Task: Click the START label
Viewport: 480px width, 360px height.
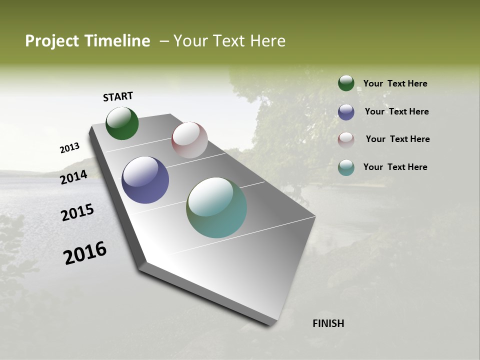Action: pyautogui.click(x=118, y=96)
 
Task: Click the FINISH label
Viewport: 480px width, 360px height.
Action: pyautogui.click(x=328, y=323)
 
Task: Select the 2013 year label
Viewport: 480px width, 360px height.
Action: pyautogui.click(x=69, y=148)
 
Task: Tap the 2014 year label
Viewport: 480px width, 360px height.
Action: pyautogui.click(x=73, y=177)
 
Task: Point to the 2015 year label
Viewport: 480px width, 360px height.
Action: pyautogui.click(x=77, y=212)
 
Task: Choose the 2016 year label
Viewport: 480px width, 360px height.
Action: pyautogui.click(x=85, y=253)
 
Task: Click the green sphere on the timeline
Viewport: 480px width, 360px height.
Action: pyautogui.click(x=122, y=123)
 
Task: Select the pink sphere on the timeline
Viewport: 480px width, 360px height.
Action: pyautogui.click(x=189, y=140)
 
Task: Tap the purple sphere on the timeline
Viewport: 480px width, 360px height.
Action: pyautogui.click(x=145, y=180)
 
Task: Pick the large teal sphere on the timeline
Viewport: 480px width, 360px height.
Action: pyautogui.click(x=216, y=207)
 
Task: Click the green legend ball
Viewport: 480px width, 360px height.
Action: pyautogui.click(x=346, y=83)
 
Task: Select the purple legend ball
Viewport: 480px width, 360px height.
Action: pyautogui.click(x=346, y=112)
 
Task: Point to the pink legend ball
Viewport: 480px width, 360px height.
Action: pyautogui.click(x=346, y=139)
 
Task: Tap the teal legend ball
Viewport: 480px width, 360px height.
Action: pyautogui.click(x=346, y=167)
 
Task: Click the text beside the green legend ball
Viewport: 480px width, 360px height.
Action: pyautogui.click(x=395, y=83)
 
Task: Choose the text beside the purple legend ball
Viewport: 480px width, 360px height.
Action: pyautogui.click(x=396, y=111)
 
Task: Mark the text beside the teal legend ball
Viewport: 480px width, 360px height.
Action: pyautogui.click(x=395, y=167)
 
